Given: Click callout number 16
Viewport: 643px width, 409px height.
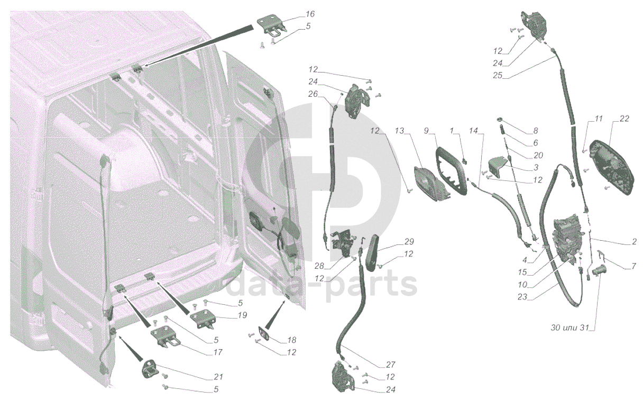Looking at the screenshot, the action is [x=310, y=14].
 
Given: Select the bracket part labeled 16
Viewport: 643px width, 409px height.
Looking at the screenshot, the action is [x=271, y=26].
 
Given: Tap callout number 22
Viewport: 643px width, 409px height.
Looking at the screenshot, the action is [x=624, y=119].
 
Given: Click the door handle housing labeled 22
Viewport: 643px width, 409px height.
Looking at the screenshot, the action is [x=609, y=167].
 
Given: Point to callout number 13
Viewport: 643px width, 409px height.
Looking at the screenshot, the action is [x=399, y=131].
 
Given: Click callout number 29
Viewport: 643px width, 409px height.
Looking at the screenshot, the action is [x=409, y=242].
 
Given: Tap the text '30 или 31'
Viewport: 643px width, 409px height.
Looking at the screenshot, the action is [x=570, y=328].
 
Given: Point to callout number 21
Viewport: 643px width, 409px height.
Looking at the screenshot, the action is [x=218, y=377].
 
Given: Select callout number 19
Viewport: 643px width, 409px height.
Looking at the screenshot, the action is [x=243, y=315].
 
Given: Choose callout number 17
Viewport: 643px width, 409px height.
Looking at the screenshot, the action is [x=218, y=352].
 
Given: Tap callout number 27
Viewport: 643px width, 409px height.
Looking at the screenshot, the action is [x=391, y=365].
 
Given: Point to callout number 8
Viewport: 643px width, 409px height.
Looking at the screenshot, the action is [x=535, y=131].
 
